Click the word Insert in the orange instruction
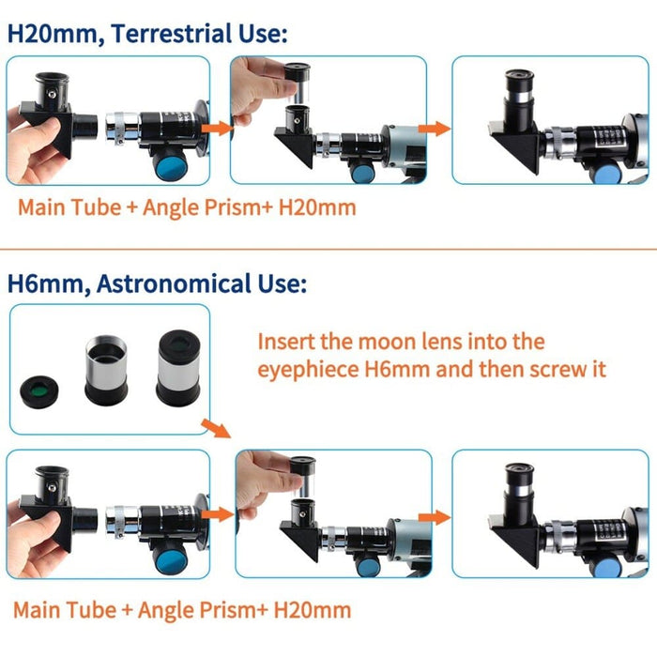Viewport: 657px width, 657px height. (286, 342)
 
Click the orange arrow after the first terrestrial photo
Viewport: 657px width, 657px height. (220, 126)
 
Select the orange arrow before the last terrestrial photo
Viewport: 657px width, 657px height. (434, 127)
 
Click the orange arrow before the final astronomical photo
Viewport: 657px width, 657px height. (435, 516)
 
